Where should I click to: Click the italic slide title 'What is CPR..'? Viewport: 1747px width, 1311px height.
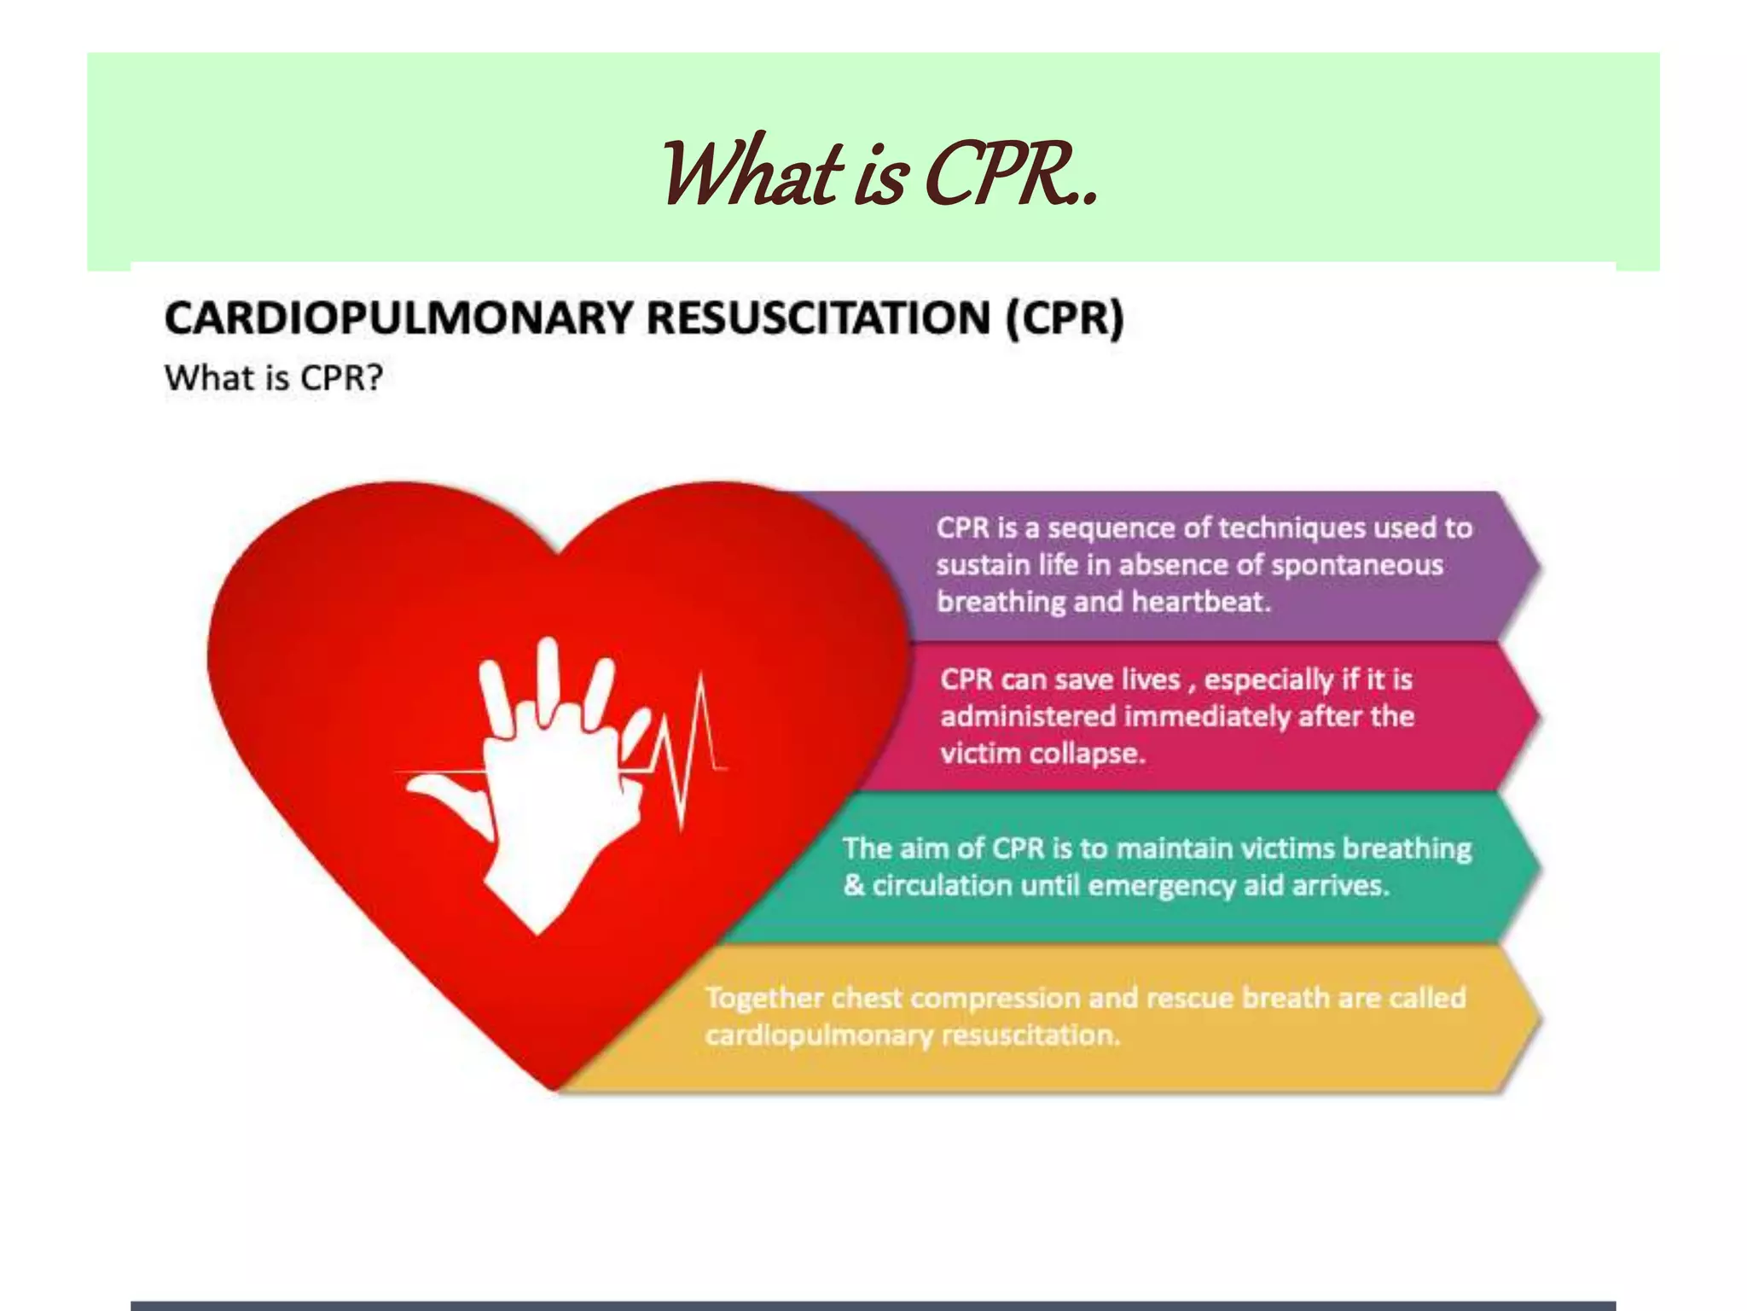(x=879, y=174)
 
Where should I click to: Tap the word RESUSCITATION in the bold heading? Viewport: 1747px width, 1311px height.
(x=819, y=318)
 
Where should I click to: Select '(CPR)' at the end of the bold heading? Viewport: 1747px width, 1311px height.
(x=1065, y=318)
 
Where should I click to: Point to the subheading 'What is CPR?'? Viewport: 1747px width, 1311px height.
(x=274, y=378)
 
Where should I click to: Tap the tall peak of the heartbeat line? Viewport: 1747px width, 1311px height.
(x=701, y=683)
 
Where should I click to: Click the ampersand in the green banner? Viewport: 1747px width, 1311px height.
(x=853, y=885)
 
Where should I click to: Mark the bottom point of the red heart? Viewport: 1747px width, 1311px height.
(x=554, y=1088)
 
